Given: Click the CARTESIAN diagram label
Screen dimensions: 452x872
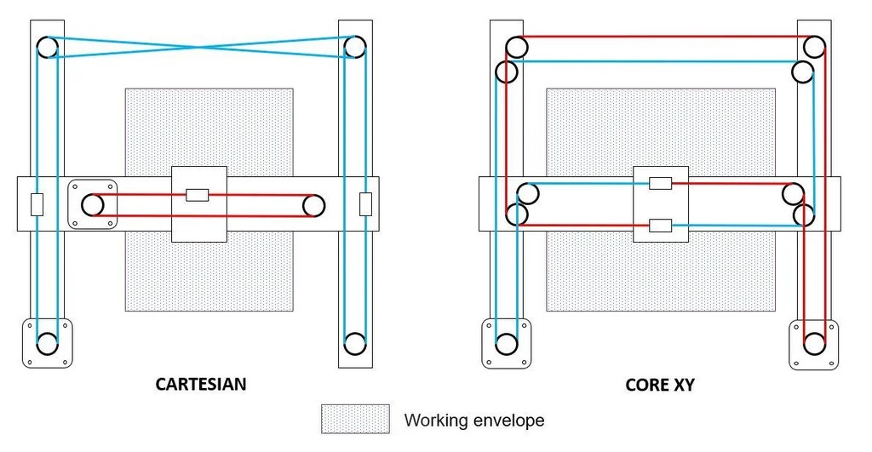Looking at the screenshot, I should (x=201, y=384).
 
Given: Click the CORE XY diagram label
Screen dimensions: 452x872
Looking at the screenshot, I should (x=660, y=385).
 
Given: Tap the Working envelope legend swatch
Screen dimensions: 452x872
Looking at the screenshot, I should (x=355, y=419).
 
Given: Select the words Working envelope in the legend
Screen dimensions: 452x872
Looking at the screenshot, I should (x=473, y=420).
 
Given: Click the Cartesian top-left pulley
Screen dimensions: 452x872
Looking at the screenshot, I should (x=48, y=46).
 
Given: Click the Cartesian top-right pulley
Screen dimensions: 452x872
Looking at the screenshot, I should (x=354, y=46).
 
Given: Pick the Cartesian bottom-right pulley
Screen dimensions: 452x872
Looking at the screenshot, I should (x=354, y=343).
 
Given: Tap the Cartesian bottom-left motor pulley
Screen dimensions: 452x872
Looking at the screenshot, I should (x=48, y=343).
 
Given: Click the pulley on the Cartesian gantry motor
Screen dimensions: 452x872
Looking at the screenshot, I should (x=93, y=205).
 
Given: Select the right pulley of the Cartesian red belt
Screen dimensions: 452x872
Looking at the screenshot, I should (x=313, y=205).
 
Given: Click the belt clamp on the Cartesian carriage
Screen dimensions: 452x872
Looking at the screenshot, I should (x=197, y=195).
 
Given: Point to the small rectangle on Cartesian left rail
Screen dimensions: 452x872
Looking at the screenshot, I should (x=37, y=204).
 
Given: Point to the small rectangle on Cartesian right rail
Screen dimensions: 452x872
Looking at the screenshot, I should (x=365, y=204).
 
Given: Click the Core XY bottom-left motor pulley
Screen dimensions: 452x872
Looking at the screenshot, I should (x=507, y=344).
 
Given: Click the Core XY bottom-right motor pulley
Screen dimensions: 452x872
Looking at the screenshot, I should (x=814, y=344).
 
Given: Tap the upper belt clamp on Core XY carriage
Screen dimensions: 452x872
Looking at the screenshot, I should (x=661, y=183).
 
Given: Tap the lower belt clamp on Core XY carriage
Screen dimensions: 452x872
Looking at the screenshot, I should (x=661, y=226).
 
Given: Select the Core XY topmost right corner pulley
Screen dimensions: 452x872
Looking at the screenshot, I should (x=814, y=46).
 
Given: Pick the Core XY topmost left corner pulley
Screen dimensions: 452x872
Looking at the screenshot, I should (x=516, y=46).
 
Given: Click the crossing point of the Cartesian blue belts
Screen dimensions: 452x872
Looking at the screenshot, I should (x=201, y=47).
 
